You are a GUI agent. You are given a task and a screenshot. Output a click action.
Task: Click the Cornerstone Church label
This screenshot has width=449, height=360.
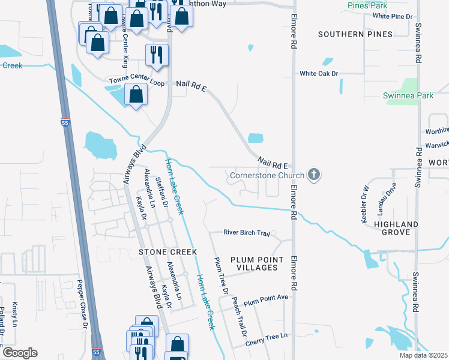pyautogui.click(x=266, y=176)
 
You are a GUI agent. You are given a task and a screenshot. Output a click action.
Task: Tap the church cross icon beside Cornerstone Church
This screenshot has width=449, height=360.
pyautogui.click(x=313, y=175)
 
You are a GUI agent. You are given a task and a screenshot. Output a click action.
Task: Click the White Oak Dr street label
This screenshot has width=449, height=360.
pyautogui.click(x=319, y=74)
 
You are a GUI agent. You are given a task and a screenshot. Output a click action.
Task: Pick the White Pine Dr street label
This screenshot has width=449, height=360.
pyautogui.click(x=393, y=16)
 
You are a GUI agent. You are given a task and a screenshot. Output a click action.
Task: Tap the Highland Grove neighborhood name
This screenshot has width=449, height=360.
pyautogui.click(x=396, y=230)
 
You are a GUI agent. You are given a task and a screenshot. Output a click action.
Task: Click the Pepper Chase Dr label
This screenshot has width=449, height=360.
pyautogui.click(x=82, y=305)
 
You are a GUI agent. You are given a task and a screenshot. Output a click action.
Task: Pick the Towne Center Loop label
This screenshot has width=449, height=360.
pyautogui.click(x=137, y=81)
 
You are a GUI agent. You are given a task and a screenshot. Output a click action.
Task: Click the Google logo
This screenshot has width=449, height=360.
pyautogui.click(x=19, y=353)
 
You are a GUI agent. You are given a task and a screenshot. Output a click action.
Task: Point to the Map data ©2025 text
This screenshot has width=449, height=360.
pyautogui.click(x=423, y=355)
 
